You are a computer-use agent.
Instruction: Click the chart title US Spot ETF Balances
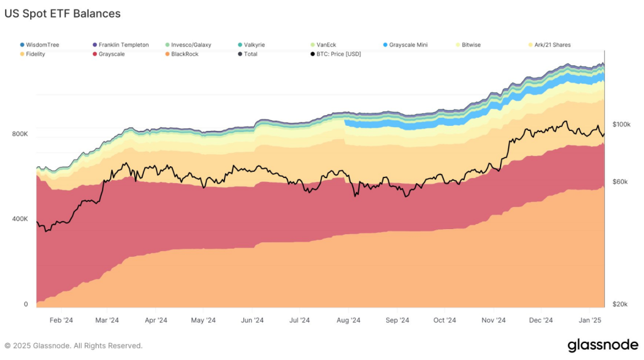pyautogui.click(x=63, y=13)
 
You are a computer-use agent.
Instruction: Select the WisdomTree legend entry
pyautogui.click(x=42, y=45)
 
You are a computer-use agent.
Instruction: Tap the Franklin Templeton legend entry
pyautogui.click(x=123, y=45)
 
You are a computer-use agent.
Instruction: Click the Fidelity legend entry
pyautogui.click(x=35, y=54)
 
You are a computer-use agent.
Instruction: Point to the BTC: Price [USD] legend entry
pyautogui.click(x=339, y=54)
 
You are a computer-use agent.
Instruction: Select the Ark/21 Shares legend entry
pyautogui.click(x=552, y=45)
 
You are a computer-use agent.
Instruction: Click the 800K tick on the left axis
pyautogui.click(x=19, y=134)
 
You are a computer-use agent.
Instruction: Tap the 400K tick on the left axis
pyautogui.click(x=19, y=219)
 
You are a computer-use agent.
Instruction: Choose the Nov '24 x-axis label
pyautogui.click(x=493, y=320)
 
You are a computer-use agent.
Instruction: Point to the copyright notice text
pyautogui.click(x=74, y=346)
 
